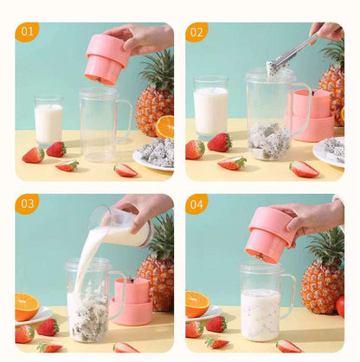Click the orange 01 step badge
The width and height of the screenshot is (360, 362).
pyautogui.click(x=27, y=32)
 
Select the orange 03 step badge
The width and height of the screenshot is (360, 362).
pyautogui.click(x=27, y=204)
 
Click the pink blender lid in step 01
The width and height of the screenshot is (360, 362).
pyautogui.click(x=106, y=58)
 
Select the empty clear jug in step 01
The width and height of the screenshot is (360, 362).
pyautogui.click(x=100, y=125)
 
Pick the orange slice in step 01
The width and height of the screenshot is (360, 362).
pyautogui.click(x=164, y=127)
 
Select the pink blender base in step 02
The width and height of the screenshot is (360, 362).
pyautogui.click(x=313, y=116)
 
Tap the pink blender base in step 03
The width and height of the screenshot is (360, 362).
pyautogui.click(x=132, y=302)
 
